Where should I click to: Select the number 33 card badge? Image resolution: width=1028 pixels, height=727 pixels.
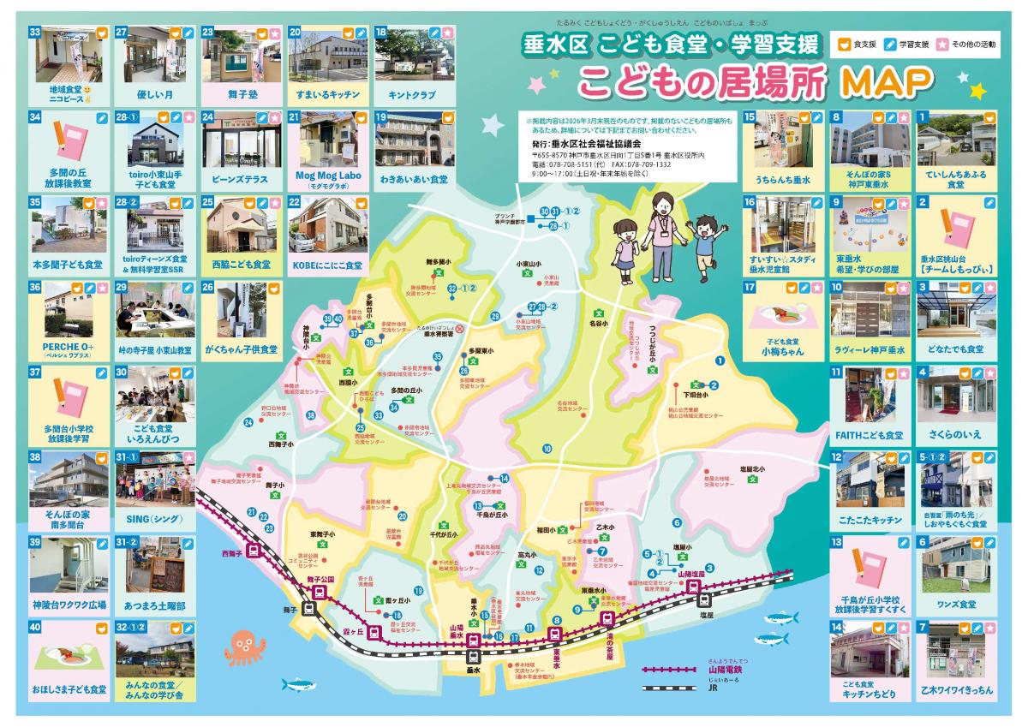pyautogui.click(x=36, y=31)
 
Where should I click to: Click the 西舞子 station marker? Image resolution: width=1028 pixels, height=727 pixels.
pyautogui.click(x=254, y=551)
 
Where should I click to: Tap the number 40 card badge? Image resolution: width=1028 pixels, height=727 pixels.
pyautogui.click(x=36, y=627)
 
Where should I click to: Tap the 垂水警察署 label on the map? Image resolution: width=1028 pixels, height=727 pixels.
pyautogui.click(x=438, y=337)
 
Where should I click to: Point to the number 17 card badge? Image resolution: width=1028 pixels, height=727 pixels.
pyautogui.click(x=750, y=288)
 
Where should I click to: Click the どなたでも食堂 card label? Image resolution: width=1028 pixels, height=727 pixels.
pyautogui.click(x=955, y=349)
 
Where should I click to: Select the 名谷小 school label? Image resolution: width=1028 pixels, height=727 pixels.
pyautogui.click(x=598, y=325)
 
